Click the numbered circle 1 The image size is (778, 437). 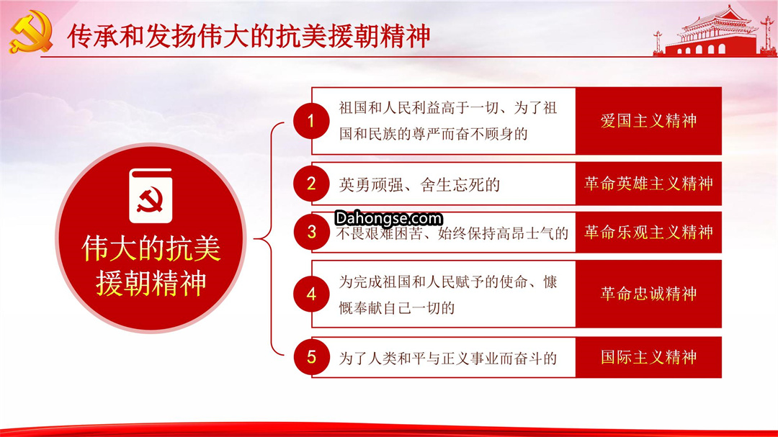click(x=311, y=120)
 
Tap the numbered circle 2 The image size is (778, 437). click(x=311, y=184)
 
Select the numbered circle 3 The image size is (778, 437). click(x=311, y=232)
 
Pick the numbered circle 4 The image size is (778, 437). click(x=311, y=294)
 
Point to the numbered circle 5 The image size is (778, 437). click(x=311, y=357)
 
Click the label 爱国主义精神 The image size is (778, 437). click(x=648, y=120)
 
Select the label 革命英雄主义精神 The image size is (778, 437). click(x=648, y=184)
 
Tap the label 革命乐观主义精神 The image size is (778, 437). click(x=648, y=232)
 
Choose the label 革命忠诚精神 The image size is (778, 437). click(x=648, y=294)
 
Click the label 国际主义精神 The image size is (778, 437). click(x=648, y=357)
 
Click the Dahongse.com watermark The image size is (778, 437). click(x=388, y=218)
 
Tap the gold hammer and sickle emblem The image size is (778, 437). click(x=31, y=32)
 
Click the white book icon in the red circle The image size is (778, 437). click(x=151, y=196)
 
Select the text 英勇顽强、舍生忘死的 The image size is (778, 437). click(x=419, y=185)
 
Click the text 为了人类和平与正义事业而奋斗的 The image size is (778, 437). click(x=447, y=358)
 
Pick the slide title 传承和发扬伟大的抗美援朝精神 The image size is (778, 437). click(x=249, y=36)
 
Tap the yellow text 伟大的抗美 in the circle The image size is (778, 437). click(x=151, y=248)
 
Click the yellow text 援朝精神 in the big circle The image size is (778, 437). click(x=151, y=283)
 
